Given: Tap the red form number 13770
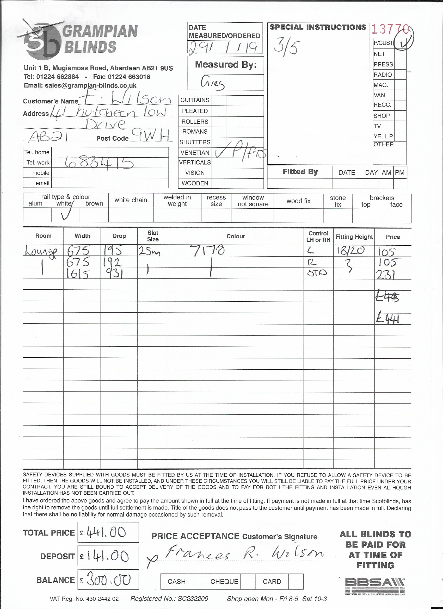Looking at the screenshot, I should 390,29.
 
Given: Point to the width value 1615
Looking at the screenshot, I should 78,274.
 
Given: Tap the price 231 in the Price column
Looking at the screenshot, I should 385,275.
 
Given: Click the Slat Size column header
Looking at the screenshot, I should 153,236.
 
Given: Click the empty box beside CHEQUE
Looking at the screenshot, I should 248,581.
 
